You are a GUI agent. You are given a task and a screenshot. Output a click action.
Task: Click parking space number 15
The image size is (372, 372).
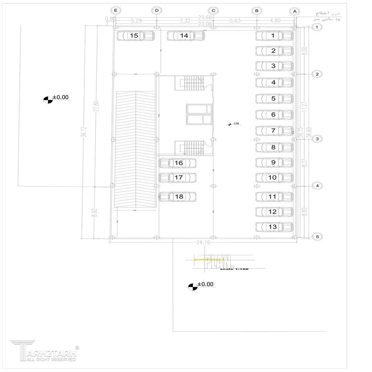coord(135,35)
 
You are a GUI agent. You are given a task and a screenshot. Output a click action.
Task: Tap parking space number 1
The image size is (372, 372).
coord(274,35)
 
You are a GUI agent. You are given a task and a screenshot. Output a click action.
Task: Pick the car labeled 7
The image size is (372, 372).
coord(274,131)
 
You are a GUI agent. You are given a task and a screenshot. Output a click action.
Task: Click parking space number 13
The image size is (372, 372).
coord(274,227)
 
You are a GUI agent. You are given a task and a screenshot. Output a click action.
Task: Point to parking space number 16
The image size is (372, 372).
coord(177,163)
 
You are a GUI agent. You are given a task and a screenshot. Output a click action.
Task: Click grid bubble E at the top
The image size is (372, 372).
coord(116,10)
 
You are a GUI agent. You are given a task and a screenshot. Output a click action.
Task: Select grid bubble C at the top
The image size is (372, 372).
coord(214,11)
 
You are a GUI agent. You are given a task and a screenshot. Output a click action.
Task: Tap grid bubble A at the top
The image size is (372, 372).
coord(294,11)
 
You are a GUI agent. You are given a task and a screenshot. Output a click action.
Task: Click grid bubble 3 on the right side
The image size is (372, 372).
coord(317,139)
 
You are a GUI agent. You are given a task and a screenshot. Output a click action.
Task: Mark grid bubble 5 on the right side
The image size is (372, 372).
coord(317,237)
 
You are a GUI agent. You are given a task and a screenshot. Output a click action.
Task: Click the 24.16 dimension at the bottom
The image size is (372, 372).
coord(203,242)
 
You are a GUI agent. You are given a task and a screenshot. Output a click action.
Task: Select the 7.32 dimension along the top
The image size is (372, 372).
coord(185,21)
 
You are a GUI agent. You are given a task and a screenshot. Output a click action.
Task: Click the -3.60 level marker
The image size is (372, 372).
coord(235,124)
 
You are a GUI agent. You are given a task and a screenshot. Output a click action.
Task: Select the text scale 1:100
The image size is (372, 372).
coord(234,269)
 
